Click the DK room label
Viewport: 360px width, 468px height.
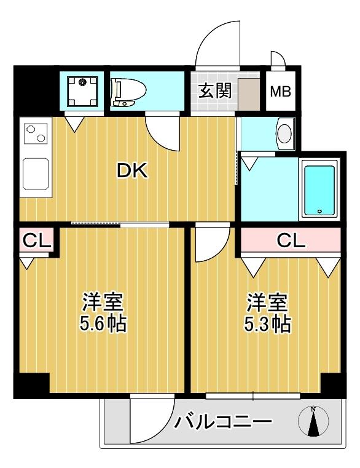pos(132,171)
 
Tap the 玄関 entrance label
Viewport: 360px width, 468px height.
pos(214,92)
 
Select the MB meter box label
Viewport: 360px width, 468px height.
pos(281,92)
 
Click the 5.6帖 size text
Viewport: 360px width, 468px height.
pos(104,323)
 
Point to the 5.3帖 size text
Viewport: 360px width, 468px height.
pos(268,323)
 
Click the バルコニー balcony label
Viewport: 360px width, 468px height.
pos(222,422)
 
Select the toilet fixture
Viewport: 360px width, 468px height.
pos(128,92)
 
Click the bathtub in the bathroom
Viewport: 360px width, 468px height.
pos(320,189)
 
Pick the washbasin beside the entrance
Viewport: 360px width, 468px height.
pos(284,133)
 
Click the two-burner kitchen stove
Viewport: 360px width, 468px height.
pos(35,133)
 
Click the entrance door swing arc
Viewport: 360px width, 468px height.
pos(219,44)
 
